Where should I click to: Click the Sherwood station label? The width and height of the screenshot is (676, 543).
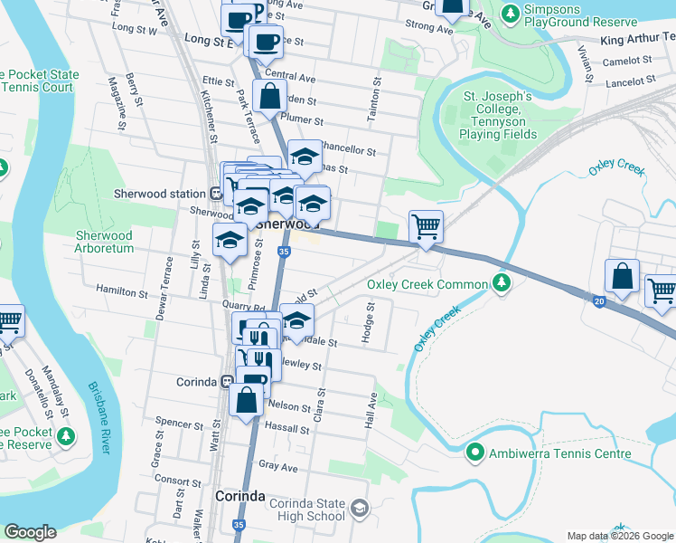[160, 193]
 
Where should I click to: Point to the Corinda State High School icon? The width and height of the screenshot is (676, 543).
[360, 508]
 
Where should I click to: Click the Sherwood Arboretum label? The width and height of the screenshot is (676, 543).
[104, 242]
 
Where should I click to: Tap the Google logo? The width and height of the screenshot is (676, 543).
[30, 532]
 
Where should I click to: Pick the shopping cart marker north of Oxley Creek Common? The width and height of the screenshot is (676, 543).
[426, 226]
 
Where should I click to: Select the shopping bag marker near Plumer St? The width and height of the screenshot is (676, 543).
[269, 96]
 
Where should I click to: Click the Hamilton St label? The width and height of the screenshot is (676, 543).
[123, 293]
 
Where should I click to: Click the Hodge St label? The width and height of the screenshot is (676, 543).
[368, 323]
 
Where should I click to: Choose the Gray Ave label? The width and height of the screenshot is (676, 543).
[277, 467]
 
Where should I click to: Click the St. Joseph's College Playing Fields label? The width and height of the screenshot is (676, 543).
[498, 115]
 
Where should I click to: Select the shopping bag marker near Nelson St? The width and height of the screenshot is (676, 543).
[246, 400]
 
